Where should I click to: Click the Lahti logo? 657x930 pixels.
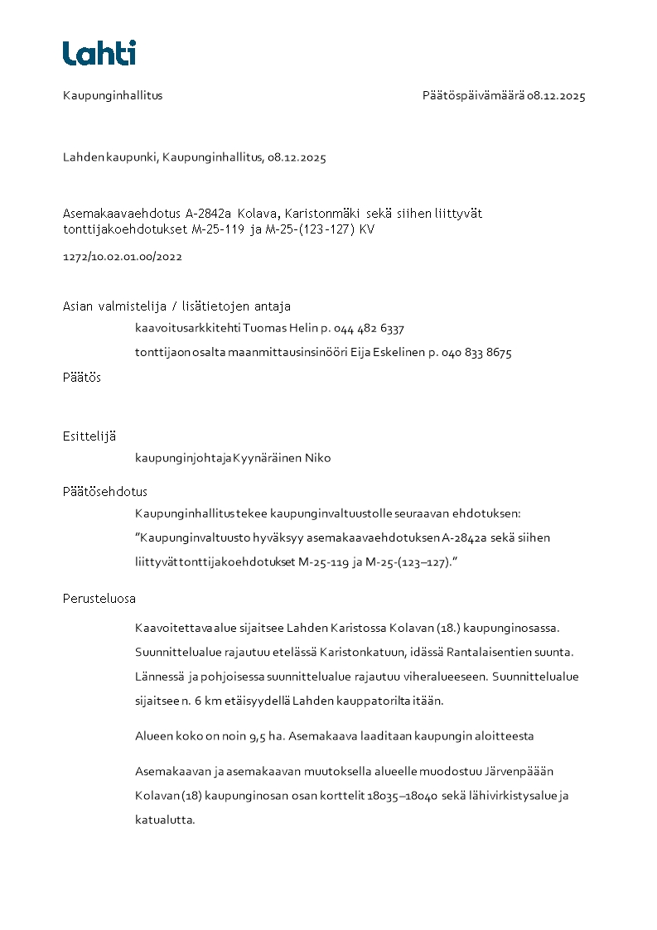tap(99, 53)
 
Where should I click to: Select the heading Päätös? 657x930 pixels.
tap(82, 377)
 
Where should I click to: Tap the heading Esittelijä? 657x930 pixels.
tap(89, 436)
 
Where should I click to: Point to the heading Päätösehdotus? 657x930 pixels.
tap(105, 491)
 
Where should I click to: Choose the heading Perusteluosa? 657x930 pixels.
tap(99, 599)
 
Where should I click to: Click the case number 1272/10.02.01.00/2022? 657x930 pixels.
tap(123, 257)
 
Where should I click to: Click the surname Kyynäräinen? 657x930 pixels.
tap(268, 458)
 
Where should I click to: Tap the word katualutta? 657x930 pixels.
tap(165, 821)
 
